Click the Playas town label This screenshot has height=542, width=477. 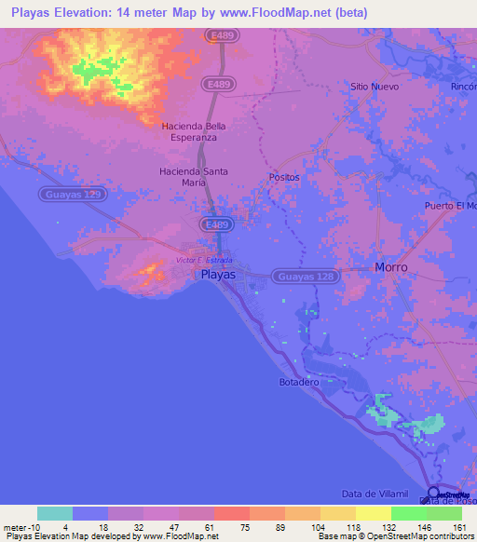coord(219,276)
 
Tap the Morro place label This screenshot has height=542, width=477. coord(391,267)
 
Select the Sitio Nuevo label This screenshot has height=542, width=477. coord(375,87)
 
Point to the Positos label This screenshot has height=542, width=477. coord(284,176)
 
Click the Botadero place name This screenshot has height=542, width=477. coord(299,383)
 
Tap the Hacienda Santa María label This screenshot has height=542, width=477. coord(194,177)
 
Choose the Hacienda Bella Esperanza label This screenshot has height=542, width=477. coord(195,131)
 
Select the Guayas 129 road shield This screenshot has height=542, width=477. coord(74,195)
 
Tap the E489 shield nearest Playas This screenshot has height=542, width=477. coord(217,225)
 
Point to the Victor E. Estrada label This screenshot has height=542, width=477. coord(206,260)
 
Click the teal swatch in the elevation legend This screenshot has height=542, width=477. coord(55,513)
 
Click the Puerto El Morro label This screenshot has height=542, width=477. coord(449,205)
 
